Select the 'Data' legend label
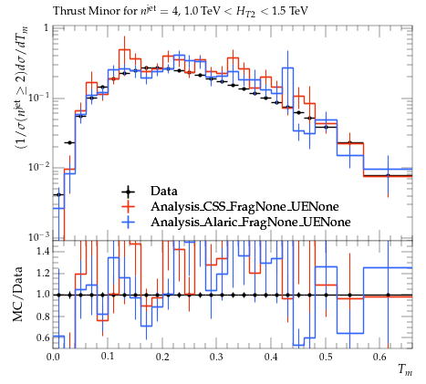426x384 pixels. [x=163, y=191]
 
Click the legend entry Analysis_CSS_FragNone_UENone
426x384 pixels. [x=244, y=206]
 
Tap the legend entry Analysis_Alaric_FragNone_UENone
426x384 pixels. [x=251, y=222]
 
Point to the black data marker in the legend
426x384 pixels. [x=128, y=192]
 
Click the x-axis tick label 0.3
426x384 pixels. [x=216, y=357]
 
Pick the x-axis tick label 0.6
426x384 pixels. [x=379, y=357]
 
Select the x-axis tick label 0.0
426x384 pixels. [x=53, y=357]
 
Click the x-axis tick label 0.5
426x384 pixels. [x=326, y=357]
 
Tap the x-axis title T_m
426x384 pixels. [x=405, y=370]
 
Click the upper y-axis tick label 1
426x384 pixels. [x=47, y=28]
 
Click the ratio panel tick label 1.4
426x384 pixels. [x=43, y=251]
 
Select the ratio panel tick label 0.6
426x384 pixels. [x=43, y=337]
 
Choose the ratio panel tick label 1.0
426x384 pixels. [x=43, y=295]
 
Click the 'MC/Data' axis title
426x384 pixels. [x=17, y=294]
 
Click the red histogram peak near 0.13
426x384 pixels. [x=124, y=49]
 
